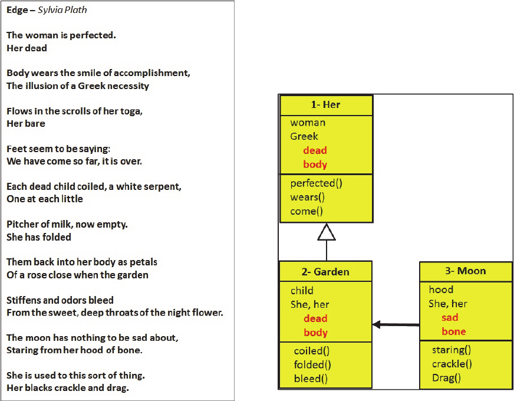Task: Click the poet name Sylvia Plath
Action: (62, 10)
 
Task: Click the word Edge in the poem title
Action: (17, 10)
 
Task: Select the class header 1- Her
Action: (325, 104)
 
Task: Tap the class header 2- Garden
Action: (325, 272)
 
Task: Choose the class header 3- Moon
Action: (466, 271)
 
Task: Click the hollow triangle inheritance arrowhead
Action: (327, 232)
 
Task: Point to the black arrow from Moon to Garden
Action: (396, 324)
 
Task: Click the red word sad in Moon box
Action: (450, 317)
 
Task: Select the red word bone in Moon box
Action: (454, 331)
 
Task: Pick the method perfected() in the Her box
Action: (316, 183)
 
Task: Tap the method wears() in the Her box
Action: (307, 198)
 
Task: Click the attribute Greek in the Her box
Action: (304, 136)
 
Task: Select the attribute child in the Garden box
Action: (302, 291)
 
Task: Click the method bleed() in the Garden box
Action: (311, 379)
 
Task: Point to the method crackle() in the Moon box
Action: (452, 364)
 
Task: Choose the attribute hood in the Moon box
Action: (441, 290)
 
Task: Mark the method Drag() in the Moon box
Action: (446, 378)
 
